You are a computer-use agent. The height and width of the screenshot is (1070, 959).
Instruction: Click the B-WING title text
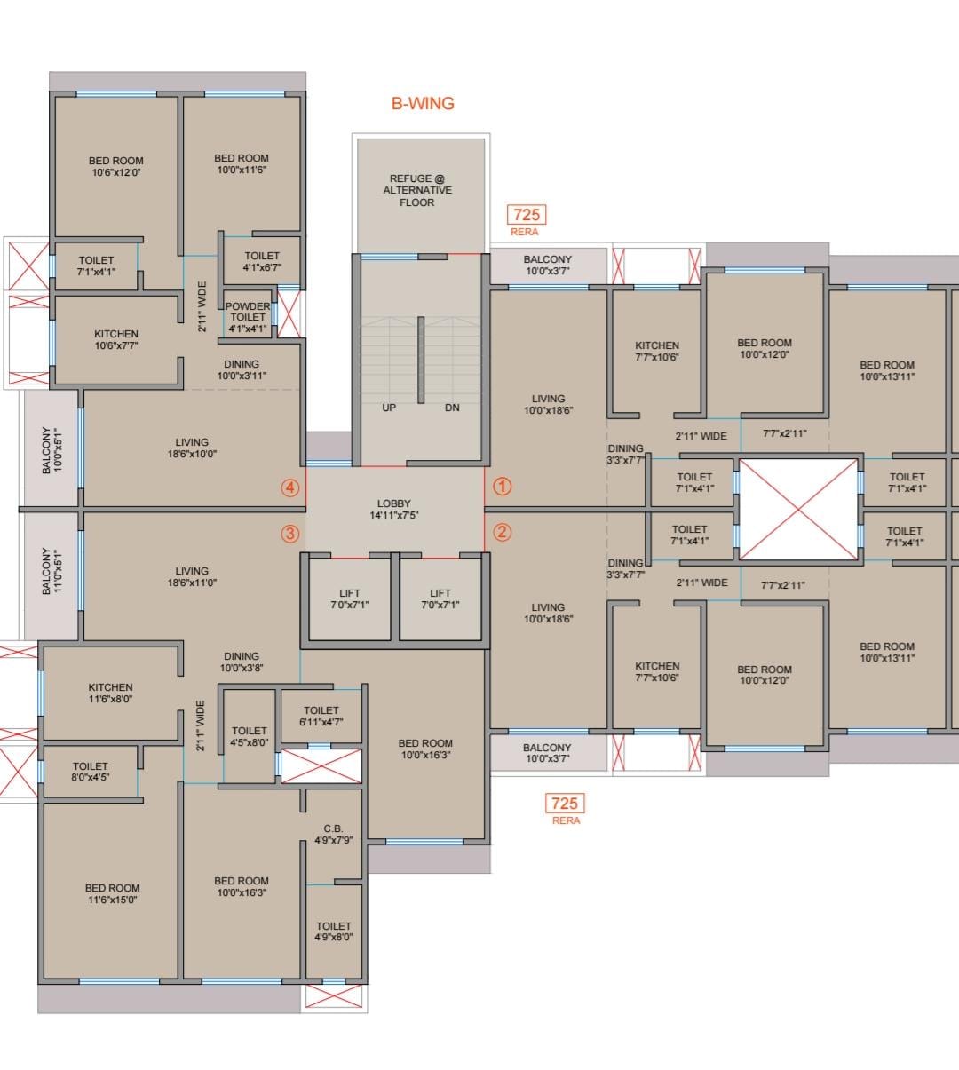423,104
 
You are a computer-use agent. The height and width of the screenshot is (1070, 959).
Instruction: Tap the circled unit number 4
290,487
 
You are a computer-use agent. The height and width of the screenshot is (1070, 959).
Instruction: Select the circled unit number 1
503,487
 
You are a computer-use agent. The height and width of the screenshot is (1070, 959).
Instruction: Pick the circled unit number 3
290,534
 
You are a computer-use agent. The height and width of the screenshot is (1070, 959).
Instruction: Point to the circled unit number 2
503,532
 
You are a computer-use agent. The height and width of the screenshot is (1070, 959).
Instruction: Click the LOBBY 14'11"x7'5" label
394,509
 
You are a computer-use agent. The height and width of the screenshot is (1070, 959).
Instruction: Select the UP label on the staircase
389,408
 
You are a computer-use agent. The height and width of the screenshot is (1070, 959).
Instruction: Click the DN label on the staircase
452,408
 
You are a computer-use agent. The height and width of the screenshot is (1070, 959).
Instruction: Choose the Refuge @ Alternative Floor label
417,190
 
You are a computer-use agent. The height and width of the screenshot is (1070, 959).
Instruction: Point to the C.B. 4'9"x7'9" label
333,834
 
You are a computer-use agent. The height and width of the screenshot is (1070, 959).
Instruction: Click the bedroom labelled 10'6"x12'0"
116,166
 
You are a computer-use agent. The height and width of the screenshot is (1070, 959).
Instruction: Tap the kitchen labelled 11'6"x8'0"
110,693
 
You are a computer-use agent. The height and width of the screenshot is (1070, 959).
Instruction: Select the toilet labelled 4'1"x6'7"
263,261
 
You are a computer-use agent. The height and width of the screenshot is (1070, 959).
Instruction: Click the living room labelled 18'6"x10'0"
192,448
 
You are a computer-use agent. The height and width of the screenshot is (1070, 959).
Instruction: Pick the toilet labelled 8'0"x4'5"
91,771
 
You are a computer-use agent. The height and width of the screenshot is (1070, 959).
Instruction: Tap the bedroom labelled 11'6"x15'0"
112,893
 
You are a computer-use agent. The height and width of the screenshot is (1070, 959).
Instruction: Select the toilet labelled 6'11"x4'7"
321,716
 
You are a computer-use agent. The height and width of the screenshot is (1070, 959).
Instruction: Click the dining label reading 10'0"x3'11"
242,369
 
